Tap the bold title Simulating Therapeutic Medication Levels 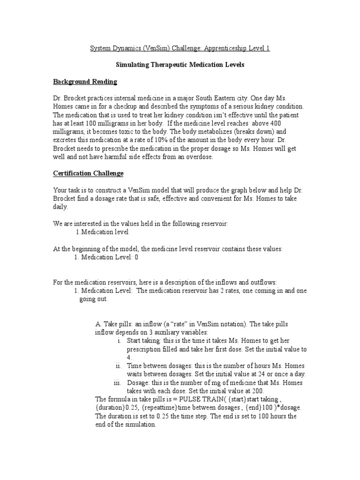coord(180,65)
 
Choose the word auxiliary coord(162,332)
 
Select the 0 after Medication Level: coord(136,257)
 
